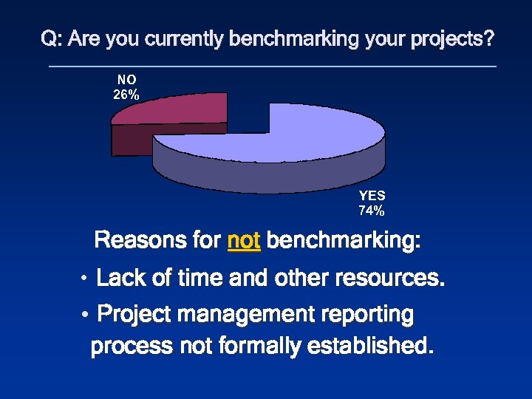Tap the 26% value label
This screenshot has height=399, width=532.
click(126, 94)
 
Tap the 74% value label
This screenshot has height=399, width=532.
click(372, 211)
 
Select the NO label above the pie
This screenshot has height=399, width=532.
click(126, 79)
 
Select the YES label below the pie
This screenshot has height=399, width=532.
click(372, 196)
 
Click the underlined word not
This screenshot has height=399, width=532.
click(244, 241)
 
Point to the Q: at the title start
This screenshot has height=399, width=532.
click(52, 40)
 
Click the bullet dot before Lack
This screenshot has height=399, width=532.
click(85, 279)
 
